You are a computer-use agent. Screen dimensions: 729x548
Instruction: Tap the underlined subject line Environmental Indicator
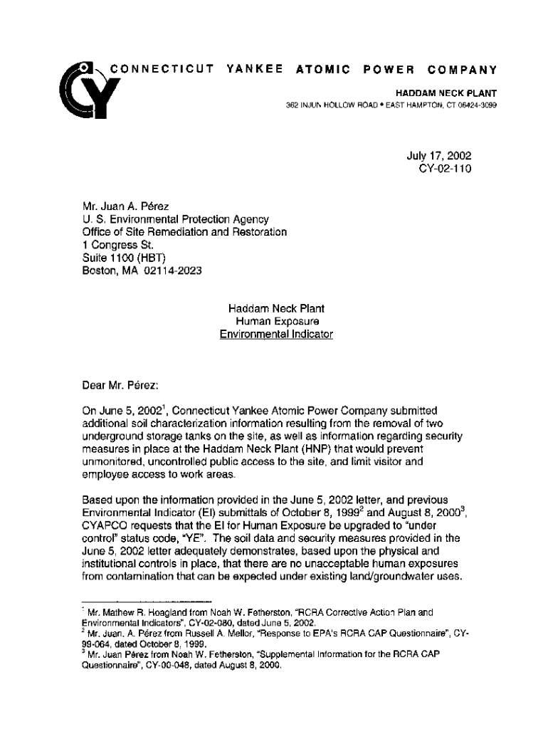point(276,334)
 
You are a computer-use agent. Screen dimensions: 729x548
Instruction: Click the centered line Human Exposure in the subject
point(276,321)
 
